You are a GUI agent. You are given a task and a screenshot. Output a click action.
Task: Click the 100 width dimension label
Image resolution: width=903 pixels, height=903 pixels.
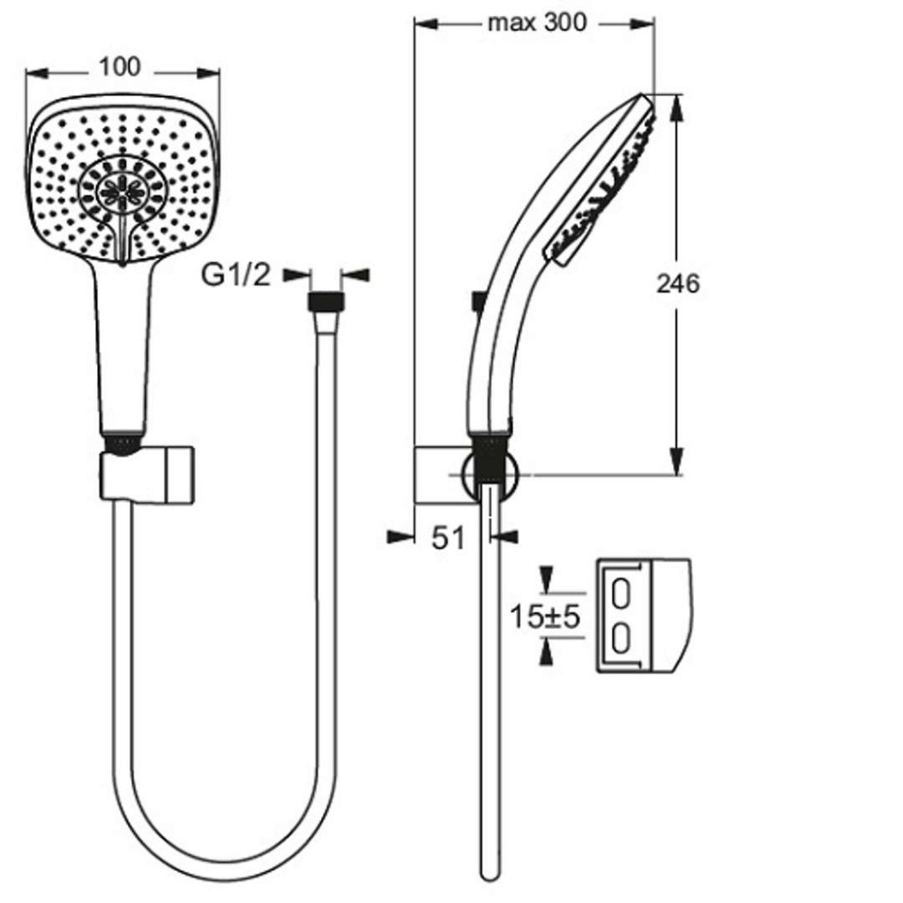120,67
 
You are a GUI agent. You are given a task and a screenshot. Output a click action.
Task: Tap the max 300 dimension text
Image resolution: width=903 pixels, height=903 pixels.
537,23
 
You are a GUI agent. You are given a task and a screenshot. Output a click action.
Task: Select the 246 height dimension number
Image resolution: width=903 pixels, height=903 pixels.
678,283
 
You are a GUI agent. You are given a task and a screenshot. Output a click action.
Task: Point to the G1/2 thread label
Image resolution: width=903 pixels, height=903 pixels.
235,275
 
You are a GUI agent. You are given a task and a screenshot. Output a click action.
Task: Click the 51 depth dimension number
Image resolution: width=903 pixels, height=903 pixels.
447,539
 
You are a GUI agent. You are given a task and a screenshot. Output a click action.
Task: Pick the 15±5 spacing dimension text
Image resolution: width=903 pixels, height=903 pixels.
545,617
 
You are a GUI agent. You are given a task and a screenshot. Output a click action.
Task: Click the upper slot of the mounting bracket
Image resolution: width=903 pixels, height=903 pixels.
620,594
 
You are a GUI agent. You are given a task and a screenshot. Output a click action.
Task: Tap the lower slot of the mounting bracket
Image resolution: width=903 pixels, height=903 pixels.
620,639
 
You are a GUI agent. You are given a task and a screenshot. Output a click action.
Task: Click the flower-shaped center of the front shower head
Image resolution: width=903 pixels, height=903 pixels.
122,190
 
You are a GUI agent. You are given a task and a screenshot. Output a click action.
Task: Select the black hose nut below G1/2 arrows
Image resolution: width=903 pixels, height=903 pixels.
326,302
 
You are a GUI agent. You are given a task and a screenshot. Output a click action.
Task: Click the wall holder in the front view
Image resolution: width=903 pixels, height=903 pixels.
147,473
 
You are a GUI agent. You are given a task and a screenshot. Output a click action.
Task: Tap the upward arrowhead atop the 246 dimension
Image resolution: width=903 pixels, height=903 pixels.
677,108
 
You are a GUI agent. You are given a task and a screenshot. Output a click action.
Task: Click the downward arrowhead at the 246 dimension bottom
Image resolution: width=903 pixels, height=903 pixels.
677,461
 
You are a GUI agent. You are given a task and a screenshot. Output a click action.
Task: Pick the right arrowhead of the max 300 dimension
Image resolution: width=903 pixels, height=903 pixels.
642,24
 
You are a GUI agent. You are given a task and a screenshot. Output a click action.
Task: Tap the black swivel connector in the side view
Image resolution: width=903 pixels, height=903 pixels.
489,459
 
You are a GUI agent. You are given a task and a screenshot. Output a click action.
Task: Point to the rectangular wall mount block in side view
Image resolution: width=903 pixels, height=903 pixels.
444,474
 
